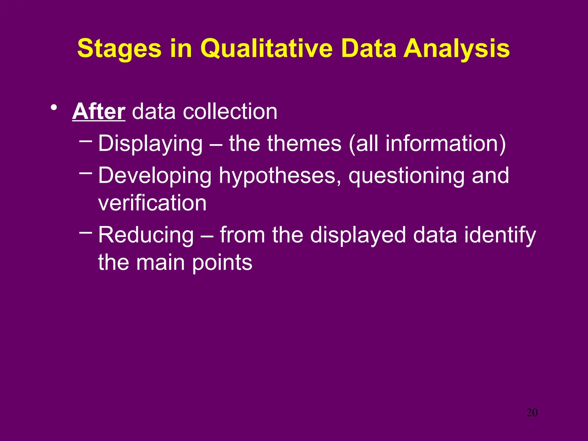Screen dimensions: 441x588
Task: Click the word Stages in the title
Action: click(119, 49)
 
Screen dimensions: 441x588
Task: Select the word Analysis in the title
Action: click(457, 49)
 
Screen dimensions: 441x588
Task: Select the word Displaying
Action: click(150, 144)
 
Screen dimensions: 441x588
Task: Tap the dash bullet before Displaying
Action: click(86, 141)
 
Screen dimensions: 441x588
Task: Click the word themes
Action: click(304, 144)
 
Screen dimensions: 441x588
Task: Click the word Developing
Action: click(155, 176)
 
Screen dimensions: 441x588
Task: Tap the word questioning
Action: click(406, 176)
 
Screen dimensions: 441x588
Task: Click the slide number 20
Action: click(532, 413)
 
